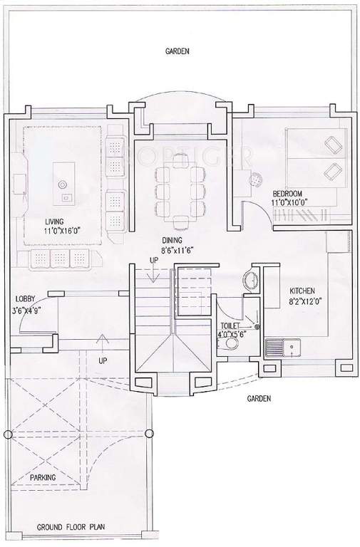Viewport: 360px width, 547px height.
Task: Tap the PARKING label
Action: pos(43,477)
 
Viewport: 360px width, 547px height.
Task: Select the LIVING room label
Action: pos(53,222)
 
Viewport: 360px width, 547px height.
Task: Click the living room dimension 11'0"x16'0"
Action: pos(61,231)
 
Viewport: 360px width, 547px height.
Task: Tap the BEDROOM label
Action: pos(287,194)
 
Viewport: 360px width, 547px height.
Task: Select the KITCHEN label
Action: pos(303,291)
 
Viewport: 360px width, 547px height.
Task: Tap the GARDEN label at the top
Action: pos(177,51)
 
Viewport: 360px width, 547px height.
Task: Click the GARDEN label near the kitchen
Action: pos(259,399)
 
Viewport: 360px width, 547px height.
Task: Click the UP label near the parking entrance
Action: pos(103,361)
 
